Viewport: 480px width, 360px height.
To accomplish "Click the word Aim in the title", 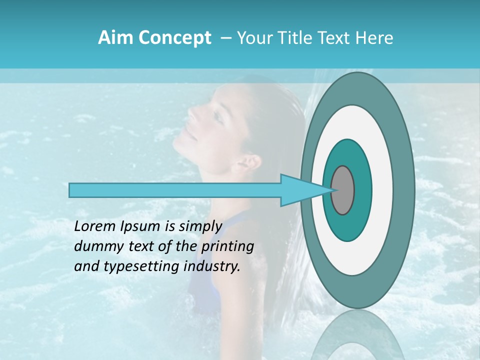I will pos(116,38).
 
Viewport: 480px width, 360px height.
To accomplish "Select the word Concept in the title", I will pos(175,38).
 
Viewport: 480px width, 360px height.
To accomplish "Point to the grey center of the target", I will pos(343,190).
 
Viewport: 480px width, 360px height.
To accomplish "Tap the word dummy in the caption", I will pos(95,246).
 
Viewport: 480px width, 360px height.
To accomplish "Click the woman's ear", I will pos(250,162).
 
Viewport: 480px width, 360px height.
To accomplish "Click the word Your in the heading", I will pos(253,38).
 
